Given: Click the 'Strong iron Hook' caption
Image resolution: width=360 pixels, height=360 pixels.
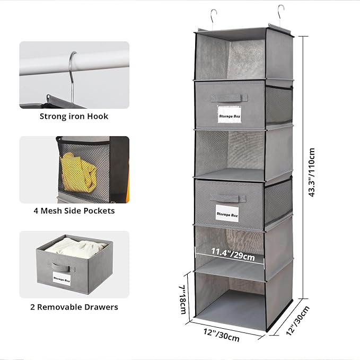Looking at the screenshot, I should click(74, 116).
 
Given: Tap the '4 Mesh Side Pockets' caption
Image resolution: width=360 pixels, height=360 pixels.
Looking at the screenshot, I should click(74, 210).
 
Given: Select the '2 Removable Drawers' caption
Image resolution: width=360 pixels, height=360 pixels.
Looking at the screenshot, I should click(74, 306).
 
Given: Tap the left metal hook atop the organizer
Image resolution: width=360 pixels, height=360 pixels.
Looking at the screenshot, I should click(213, 17).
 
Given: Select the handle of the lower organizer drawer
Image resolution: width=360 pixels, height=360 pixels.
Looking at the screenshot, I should click(228, 198).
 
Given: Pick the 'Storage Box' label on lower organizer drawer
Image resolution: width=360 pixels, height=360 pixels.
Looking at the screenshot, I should click(228, 213).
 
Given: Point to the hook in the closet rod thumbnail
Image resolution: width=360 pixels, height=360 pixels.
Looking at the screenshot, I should click(70, 74).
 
